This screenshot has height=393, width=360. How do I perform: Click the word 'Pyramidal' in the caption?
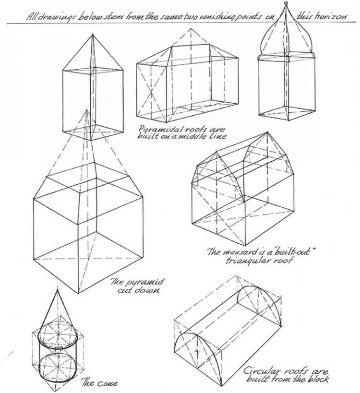[x=158, y=129]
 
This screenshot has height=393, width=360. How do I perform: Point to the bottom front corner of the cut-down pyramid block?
[x=79, y=293]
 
